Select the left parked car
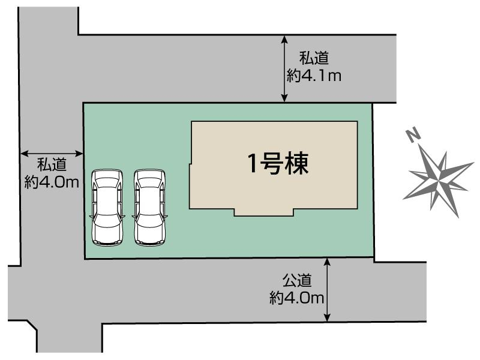point(106,207)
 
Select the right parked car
point(149,207)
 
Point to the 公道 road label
point(298,280)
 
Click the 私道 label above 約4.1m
point(314,59)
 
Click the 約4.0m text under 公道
point(298,297)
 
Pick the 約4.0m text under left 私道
point(52,182)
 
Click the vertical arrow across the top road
point(284,68)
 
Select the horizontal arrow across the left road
point(52,153)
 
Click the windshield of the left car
point(106,191)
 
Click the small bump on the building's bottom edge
point(264,212)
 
